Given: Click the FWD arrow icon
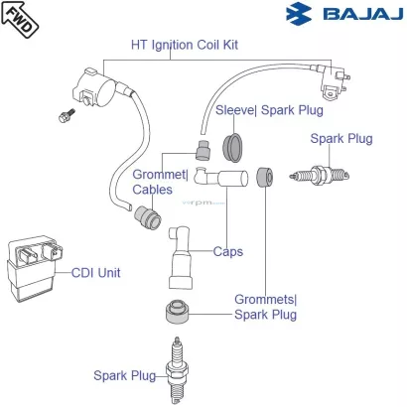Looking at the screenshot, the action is (20, 19).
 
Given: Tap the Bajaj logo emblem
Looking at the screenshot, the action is (299, 14).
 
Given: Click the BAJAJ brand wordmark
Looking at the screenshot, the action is (362, 14).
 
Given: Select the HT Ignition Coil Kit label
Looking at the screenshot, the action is (185, 45).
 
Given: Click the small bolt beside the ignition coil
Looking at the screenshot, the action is (67, 115).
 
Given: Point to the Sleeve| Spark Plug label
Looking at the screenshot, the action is (269, 110).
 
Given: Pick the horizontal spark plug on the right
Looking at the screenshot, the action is (320, 175).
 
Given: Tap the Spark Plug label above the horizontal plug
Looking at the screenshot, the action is (341, 139).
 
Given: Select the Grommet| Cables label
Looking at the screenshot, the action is (161, 182).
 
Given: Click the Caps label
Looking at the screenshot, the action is (228, 252).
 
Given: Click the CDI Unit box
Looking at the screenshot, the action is (34, 268).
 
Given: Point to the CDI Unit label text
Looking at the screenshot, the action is (96, 273).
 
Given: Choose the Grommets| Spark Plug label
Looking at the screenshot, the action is (266, 307).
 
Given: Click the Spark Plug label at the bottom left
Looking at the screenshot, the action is (125, 376).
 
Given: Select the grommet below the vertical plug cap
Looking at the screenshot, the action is (177, 312).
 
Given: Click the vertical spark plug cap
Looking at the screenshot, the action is (181, 257).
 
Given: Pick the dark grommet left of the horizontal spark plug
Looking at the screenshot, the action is (265, 178).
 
